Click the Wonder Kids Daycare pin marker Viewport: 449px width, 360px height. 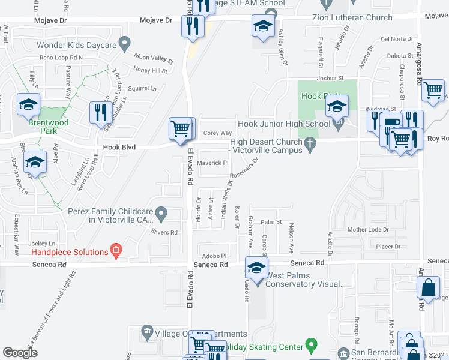pos(125,43)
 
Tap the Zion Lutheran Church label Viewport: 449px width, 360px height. pos(352,17)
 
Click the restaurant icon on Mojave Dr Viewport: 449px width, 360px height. pos(193,26)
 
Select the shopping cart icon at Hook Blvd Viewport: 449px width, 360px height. pos(180,128)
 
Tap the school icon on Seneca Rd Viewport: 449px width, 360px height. pos(256,268)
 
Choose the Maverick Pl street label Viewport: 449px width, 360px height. pos(213,163)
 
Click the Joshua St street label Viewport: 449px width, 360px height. pos(330,78)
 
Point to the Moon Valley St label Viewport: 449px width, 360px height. pos(153,58)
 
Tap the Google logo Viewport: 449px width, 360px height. pos(20,353)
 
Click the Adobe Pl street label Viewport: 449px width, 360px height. pos(214,255)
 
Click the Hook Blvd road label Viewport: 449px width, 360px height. pos(119,147)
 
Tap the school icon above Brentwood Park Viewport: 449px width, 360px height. pos(28,104)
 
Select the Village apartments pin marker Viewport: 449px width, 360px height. pos(147,331)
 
